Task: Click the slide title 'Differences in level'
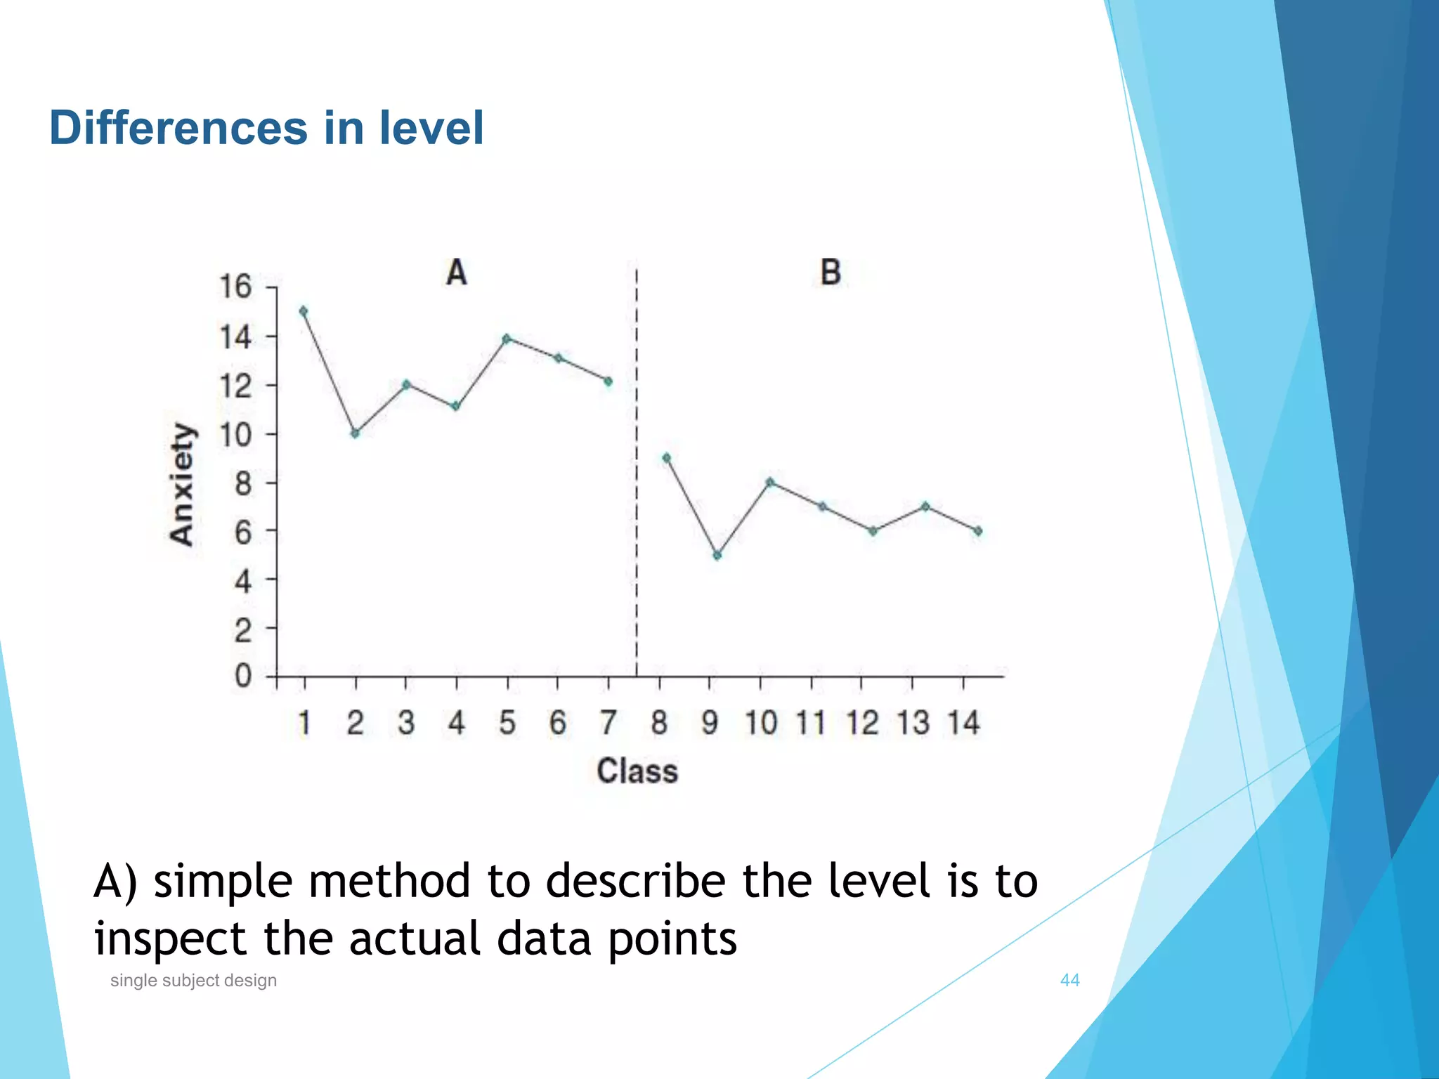click(x=266, y=129)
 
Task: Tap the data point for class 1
click(x=304, y=311)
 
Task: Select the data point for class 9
click(x=717, y=556)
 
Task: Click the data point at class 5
click(x=507, y=339)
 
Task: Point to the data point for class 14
click(x=977, y=531)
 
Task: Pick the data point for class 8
click(x=666, y=458)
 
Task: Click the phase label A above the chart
click(x=456, y=273)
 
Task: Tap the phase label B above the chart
click(x=831, y=273)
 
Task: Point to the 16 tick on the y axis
click(x=235, y=287)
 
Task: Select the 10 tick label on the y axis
click(x=235, y=436)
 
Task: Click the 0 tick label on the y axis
click(x=243, y=676)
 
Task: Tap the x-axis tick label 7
click(x=608, y=723)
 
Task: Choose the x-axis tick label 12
click(x=862, y=723)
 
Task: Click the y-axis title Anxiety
click(x=182, y=484)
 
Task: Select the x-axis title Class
click(x=637, y=771)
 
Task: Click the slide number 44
click(x=1069, y=980)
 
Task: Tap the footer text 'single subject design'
click(x=193, y=980)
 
